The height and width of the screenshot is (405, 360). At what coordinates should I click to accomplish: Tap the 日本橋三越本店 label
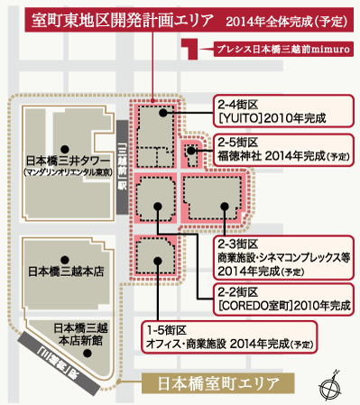[x=65, y=270]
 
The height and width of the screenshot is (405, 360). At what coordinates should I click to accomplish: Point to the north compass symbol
[x=329, y=384]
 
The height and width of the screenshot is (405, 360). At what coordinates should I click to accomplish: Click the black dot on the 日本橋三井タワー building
[x=62, y=147]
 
